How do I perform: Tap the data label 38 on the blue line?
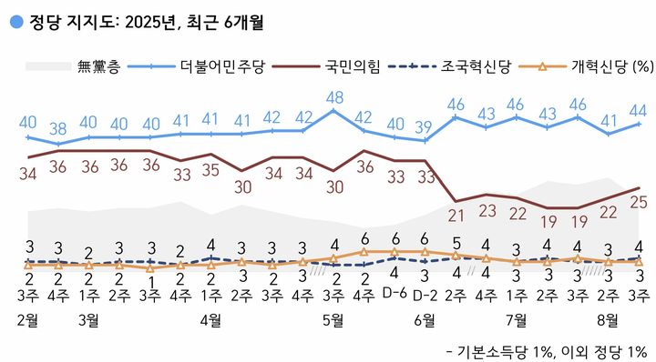coord(58,128)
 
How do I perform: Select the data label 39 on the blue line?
coord(425,126)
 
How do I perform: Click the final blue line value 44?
coord(639,110)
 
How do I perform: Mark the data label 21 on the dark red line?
coord(456,216)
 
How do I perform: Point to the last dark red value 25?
coord(639,203)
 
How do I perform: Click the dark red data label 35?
coord(211,169)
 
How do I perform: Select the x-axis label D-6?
coord(395,293)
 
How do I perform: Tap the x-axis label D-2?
coord(425,293)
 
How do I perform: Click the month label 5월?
coord(333,319)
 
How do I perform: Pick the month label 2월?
coord(28,319)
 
